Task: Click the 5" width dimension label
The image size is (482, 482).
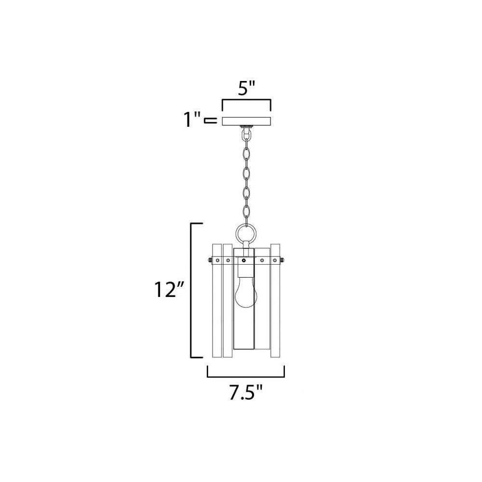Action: [x=246, y=89]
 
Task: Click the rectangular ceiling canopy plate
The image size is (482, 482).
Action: [x=246, y=121]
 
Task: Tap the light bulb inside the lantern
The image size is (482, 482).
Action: [x=246, y=295]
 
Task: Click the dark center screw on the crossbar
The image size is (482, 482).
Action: [x=244, y=261]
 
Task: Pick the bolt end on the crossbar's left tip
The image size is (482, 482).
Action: [x=209, y=261]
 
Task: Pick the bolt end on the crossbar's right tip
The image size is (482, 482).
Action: [x=282, y=261]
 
